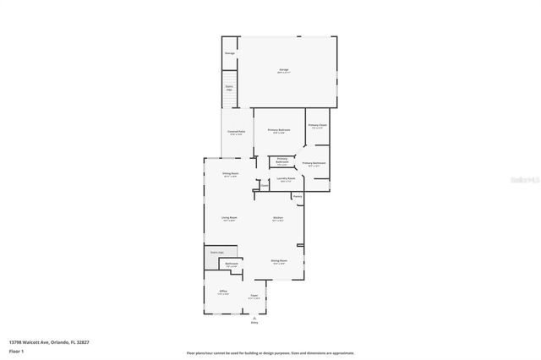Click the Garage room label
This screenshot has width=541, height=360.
284,71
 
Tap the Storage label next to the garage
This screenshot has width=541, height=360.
229,53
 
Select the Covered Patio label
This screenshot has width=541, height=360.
236,133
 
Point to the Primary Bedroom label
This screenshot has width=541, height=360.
279,130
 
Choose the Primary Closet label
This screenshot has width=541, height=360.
317,125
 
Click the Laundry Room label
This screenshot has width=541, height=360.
286,179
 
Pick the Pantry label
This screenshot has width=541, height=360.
298,198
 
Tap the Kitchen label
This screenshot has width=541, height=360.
277,219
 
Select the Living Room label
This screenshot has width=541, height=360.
229,219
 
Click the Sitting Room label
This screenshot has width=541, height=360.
231,175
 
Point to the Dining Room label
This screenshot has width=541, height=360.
279,261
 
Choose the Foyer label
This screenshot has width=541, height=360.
254,297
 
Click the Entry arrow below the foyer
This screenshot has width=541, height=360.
254,319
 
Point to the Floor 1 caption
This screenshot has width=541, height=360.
15,350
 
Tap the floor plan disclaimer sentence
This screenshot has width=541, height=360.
270,353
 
